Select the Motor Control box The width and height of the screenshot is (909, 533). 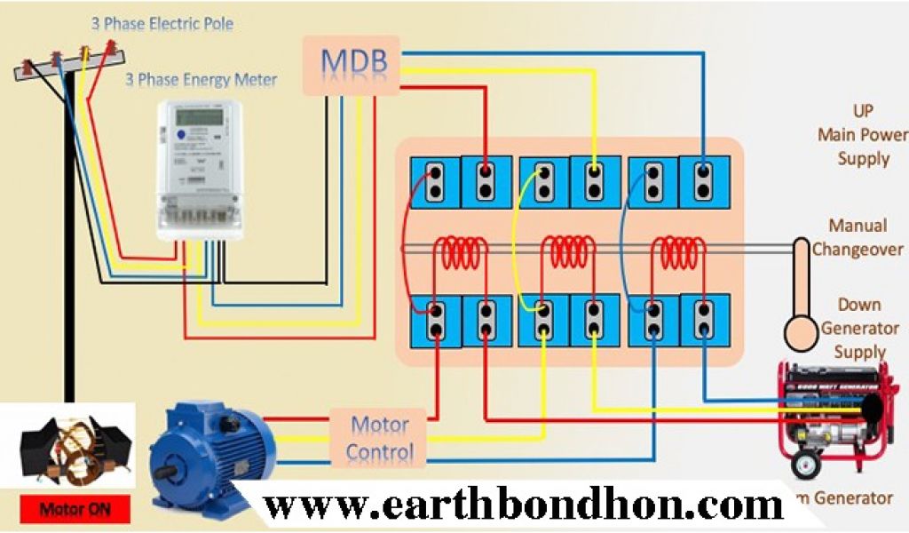coord(379,438)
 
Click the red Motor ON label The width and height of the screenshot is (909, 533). coord(75,509)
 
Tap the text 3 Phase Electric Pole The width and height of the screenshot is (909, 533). coord(162,24)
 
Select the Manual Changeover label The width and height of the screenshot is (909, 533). coord(858,238)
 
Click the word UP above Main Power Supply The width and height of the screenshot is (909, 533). coord(862,111)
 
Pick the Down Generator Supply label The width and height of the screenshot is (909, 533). coord(858,328)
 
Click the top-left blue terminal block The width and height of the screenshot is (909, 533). coord(435,181)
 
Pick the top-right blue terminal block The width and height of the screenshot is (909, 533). coord(704,181)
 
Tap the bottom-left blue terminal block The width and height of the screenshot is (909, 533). coord(435,320)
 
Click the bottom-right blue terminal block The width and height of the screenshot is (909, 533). coord(704,320)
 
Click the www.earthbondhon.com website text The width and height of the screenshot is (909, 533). coord(524,506)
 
